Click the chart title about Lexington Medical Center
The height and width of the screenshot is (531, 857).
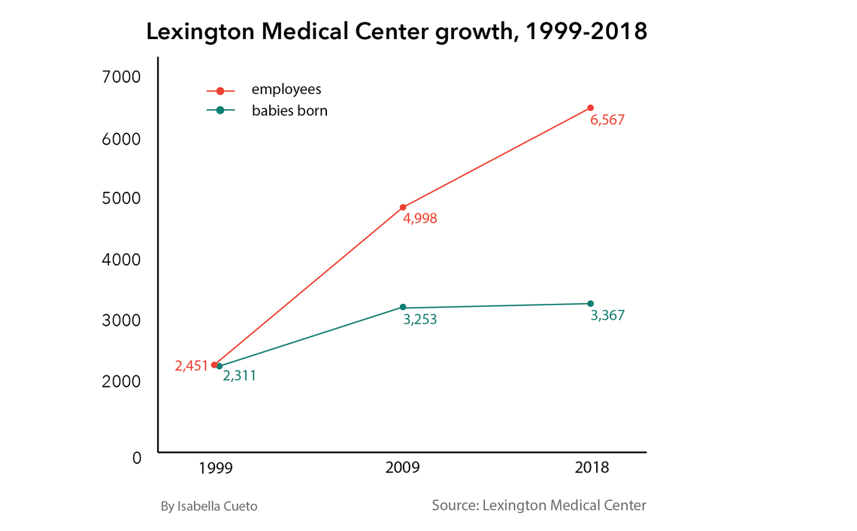[x=396, y=32]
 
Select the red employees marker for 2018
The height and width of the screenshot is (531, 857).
[x=590, y=108]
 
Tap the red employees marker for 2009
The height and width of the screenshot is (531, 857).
[x=403, y=207]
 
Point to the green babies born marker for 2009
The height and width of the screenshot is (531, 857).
[x=403, y=307]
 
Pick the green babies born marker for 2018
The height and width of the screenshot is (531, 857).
[x=590, y=303]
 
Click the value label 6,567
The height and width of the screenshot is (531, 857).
[x=607, y=120]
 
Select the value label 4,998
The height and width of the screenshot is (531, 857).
[x=420, y=220]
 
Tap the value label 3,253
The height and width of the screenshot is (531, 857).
[x=420, y=320]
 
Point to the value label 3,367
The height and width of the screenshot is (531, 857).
[x=607, y=316]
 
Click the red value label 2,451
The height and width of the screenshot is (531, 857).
[x=191, y=366]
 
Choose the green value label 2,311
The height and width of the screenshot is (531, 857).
[x=240, y=376]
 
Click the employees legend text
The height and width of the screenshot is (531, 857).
[x=286, y=90]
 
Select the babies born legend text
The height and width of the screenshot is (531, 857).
[x=289, y=111]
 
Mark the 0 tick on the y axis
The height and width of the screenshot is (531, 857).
[x=136, y=457]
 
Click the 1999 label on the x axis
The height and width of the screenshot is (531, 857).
[x=216, y=468]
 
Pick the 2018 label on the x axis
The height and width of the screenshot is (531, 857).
[x=592, y=468]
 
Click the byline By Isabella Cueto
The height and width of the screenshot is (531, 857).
[x=209, y=507]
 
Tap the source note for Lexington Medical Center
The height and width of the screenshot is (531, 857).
[x=539, y=505]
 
